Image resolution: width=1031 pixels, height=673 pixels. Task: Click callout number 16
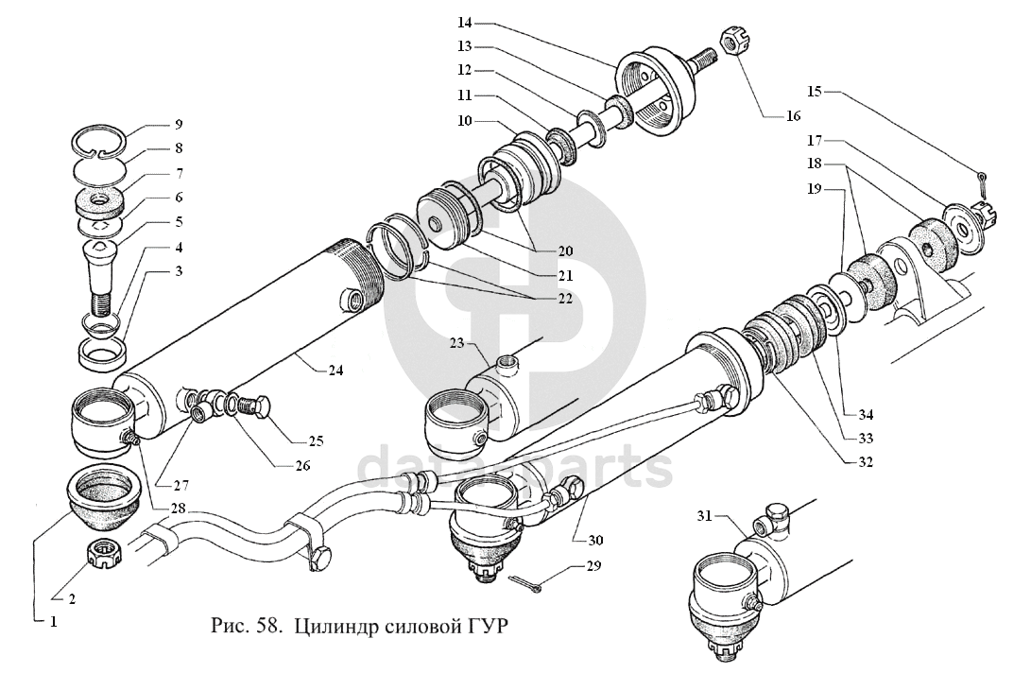point(791,116)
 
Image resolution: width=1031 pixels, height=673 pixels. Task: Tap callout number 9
point(179,124)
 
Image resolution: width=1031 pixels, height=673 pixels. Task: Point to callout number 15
point(817,92)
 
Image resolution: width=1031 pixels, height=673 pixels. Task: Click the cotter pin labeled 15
point(983,180)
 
